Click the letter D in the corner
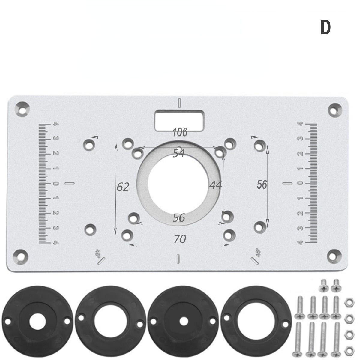click(325, 28)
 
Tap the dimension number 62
click(123, 187)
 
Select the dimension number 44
click(215, 185)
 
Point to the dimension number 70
click(180, 239)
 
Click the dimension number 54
click(179, 154)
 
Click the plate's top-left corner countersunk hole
click(22, 108)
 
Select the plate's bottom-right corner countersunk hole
click(334, 255)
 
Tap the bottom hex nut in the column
click(349, 349)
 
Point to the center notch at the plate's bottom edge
click(178, 258)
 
